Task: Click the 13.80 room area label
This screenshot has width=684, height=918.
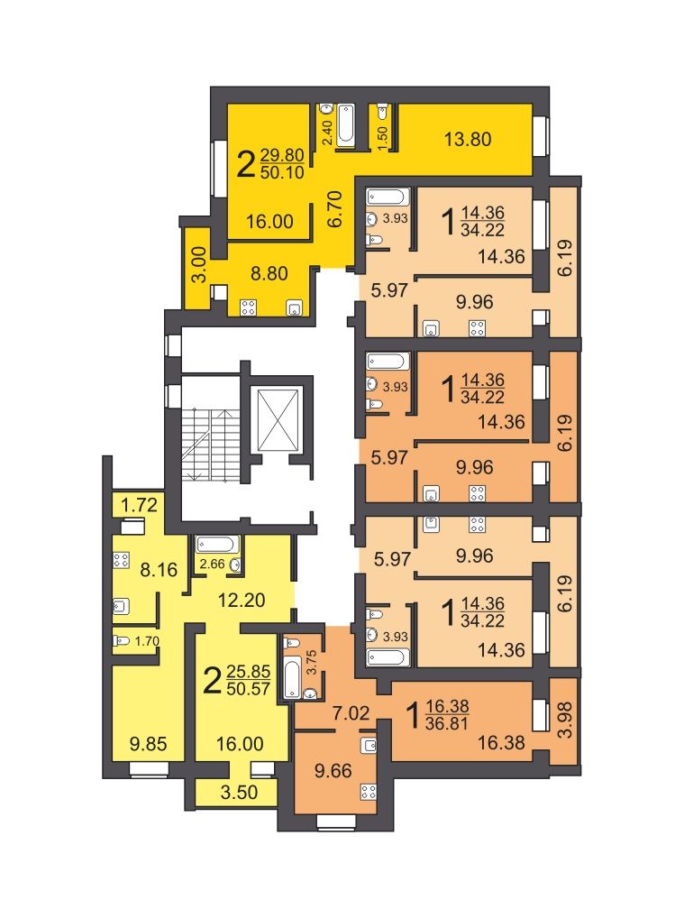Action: pyautogui.click(x=468, y=140)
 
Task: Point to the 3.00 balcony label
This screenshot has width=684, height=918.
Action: pyautogui.click(x=199, y=265)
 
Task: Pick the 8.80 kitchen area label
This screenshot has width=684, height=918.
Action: pyautogui.click(x=269, y=273)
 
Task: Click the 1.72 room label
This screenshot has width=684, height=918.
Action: pyautogui.click(x=139, y=505)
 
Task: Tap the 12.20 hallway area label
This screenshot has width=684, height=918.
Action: pyautogui.click(x=242, y=600)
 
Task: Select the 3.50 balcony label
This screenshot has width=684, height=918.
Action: pyautogui.click(x=239, y=792)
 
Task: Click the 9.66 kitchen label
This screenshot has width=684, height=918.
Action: pyautogui.click(x=333, y=770)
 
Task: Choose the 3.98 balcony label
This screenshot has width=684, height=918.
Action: pyautogui.click(x=566, y=720)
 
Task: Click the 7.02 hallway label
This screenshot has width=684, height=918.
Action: pyautogui.click(x=351, y=712)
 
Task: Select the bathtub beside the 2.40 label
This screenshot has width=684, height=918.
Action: pyautogui.click(x=346, y=124)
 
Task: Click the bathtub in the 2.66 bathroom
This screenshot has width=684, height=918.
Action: pyautogui.click(x=217, y=545)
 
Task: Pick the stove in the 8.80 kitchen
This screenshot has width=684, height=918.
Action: pyautogui.click(x=248, y=308)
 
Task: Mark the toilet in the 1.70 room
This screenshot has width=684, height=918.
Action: pyautogui.click(x=122, y=641)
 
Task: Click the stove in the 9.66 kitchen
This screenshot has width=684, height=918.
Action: pyautogui.click(x=369, y=793)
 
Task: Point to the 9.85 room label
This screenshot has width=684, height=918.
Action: pyautogui.click(x=148, y=744)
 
